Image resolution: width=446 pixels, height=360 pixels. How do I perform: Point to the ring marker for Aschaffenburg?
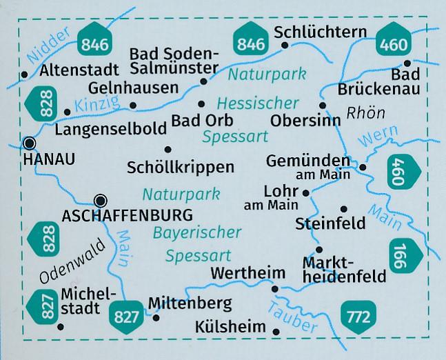click(x=101, y=201)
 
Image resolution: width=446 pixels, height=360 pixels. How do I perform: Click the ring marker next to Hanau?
click(x=29, y=143)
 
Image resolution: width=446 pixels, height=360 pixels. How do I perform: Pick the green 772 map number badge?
click(x=356, y=317)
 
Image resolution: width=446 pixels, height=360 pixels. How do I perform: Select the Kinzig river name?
click(x=99, y=105)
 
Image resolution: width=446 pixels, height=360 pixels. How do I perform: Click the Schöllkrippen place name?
click(x=181, y=166)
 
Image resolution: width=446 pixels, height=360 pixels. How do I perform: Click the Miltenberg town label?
click(x=190, y=303)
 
